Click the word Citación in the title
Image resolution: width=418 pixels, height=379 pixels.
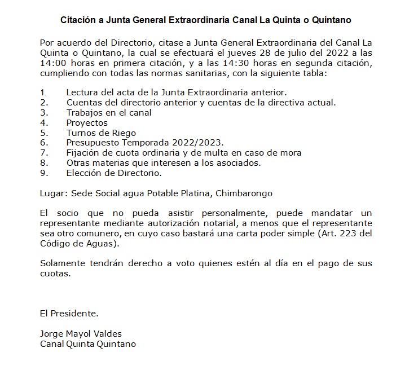[x=78, y=20]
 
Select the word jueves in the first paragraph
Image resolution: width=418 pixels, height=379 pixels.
[x=244, y=52]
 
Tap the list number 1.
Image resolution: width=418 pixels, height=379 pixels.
[x=42, y=92]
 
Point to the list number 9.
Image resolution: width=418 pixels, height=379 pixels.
[x=42, y=173]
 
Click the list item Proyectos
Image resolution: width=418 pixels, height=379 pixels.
[x=86, y=122]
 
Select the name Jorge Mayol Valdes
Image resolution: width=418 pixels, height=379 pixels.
[x=81, y=333]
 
